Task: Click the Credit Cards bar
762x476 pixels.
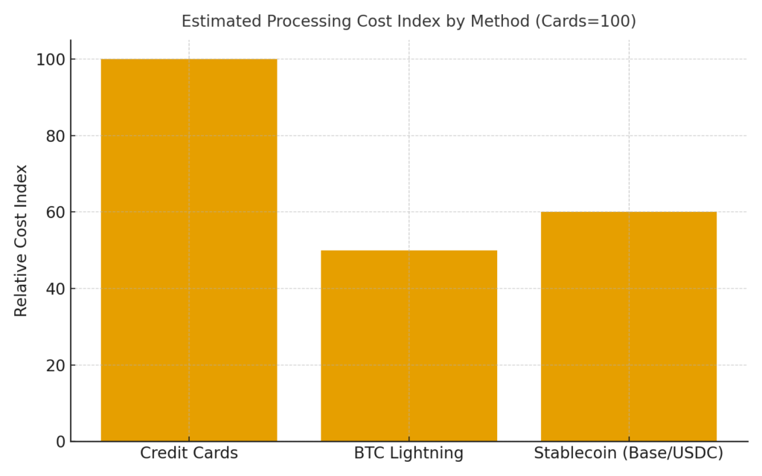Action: coord(188,250)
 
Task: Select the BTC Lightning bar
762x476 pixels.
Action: coord(409,346)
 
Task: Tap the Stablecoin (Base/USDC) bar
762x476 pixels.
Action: coord(628,327)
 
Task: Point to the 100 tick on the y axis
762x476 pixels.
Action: coord(51,59)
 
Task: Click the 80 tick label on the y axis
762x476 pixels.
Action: coord(56,136)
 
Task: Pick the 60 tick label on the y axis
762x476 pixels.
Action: coord(56,213)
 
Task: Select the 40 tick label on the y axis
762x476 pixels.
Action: coord(56,289)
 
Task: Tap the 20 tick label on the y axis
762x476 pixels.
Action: coord(56,366)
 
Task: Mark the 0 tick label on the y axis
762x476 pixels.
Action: coord(61,443)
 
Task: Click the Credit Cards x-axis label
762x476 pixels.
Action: coord(189,453)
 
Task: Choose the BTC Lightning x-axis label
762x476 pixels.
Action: coord(409,453)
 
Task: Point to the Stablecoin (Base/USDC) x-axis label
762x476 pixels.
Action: coord(629,453)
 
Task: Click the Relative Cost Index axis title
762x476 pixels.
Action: coord(22,240)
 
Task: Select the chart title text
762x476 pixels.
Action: coord(409,22)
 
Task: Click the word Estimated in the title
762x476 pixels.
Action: coord(216,22)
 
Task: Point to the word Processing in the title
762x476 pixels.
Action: coord(295,22)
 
